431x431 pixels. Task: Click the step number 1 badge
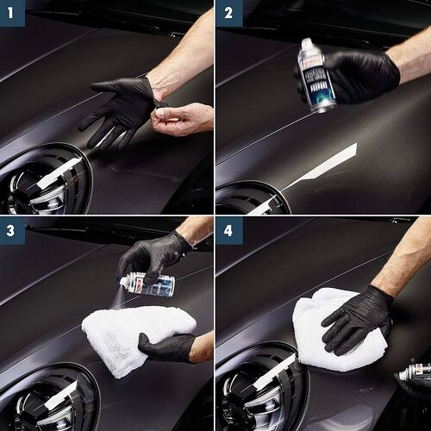coord(12,12)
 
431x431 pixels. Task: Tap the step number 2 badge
coord(228,12)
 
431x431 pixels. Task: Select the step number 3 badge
coord(12,229)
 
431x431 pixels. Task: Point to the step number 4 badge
coord(228,229)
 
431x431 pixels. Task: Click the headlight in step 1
coord(43,181)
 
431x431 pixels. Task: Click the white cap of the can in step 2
coord(306,44)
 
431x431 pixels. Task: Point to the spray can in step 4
coord(415,372)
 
